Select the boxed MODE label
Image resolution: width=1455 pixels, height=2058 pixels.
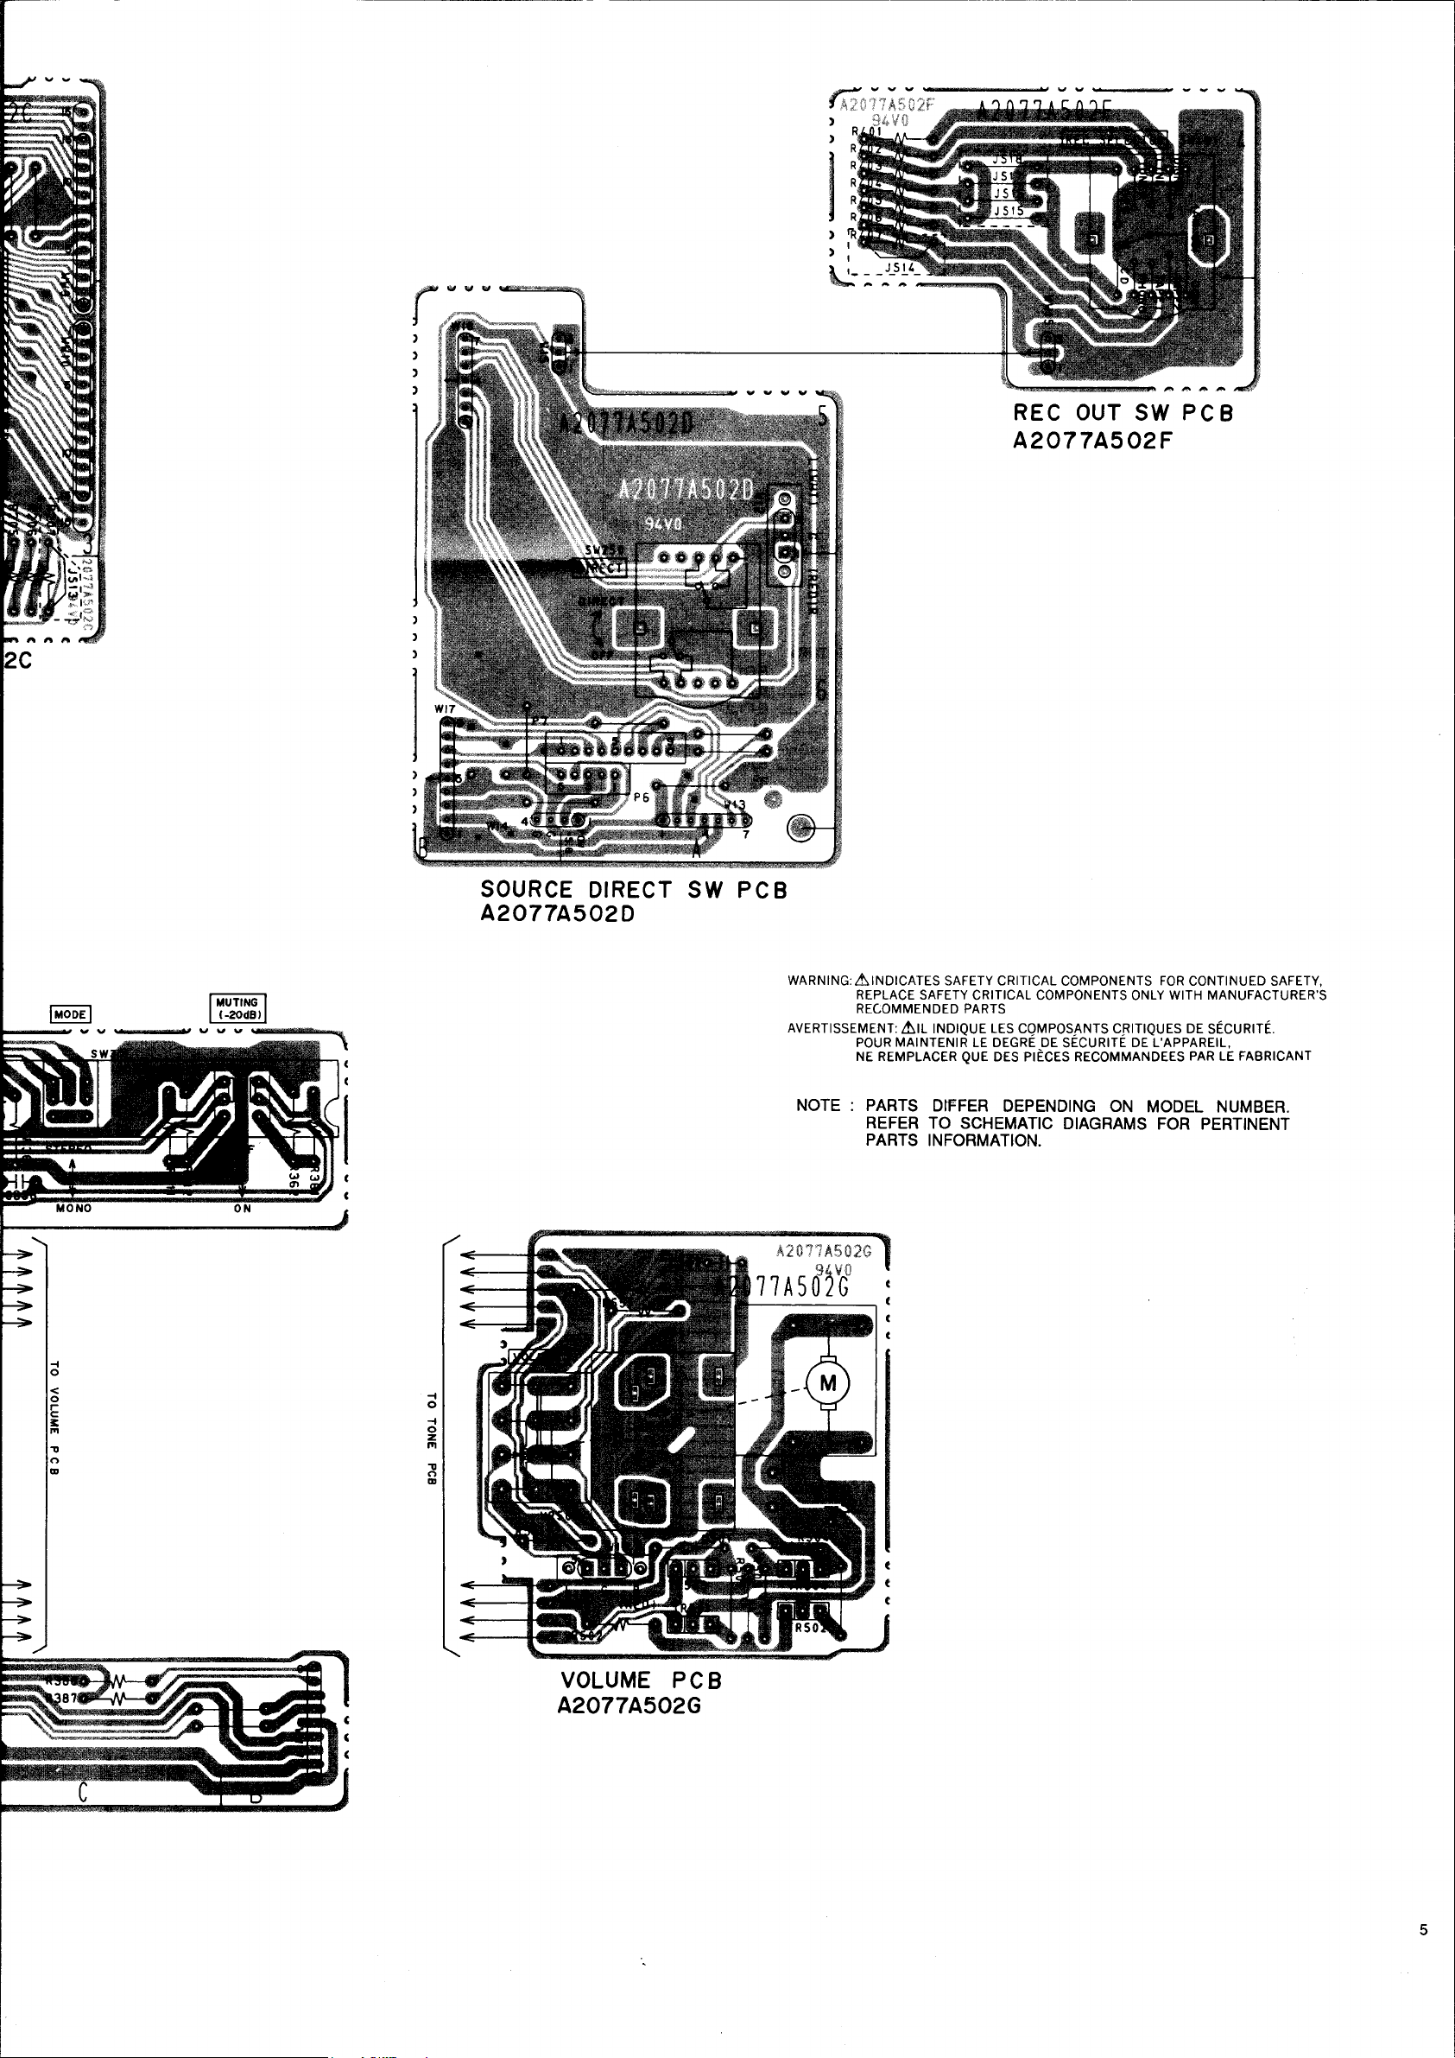[x=70, y=1013]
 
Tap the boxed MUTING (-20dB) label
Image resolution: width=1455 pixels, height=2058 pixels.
[x=237, y=1008]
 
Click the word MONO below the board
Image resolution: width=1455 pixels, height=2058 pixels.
[x=73, y=1208]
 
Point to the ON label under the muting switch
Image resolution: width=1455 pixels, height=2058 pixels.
[x=243, y=1208]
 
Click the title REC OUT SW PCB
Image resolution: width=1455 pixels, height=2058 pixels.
[x=1123, y=413]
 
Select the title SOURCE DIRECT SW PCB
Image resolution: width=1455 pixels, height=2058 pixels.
[x=634, y=890]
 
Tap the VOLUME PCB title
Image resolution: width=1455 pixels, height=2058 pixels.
[x=641, y=1680]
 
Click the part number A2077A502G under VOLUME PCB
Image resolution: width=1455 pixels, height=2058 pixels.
[x=629, y=1705]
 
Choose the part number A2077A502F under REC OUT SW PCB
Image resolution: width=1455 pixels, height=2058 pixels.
[x=1092, y=440]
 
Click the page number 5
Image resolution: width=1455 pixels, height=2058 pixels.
[x=1423, y=1931]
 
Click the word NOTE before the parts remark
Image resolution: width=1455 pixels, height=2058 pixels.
[x=818, y=1105]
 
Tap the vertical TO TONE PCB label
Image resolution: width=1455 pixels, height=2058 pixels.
[x=431, y=1439]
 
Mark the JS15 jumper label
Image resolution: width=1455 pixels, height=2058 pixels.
[x=1009, y=211]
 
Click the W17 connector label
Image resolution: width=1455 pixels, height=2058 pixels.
[x=445, y=709]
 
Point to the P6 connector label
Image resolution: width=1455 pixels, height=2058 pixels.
[x=641, y=797]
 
